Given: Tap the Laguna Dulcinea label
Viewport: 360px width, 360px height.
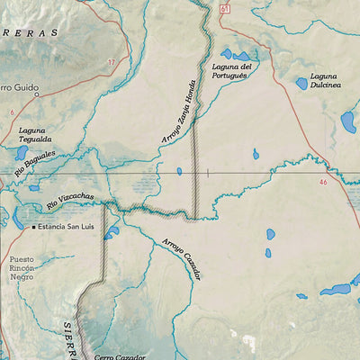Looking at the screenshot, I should [325, 80].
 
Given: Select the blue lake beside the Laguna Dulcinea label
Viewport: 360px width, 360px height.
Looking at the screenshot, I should [301, 84].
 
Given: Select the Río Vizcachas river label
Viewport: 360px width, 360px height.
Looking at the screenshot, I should [70, 204].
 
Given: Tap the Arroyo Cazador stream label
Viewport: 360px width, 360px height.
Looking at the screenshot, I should [183, 258].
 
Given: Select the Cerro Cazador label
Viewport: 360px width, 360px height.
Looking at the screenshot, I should [120, 356].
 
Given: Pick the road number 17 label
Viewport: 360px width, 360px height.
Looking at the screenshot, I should [112, 62].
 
